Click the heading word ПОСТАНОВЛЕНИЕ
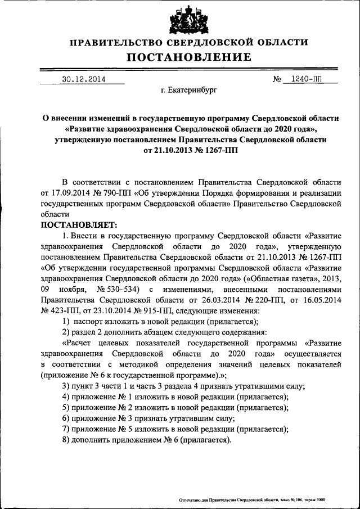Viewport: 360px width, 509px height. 188,57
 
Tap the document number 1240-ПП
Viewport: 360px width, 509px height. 307,79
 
